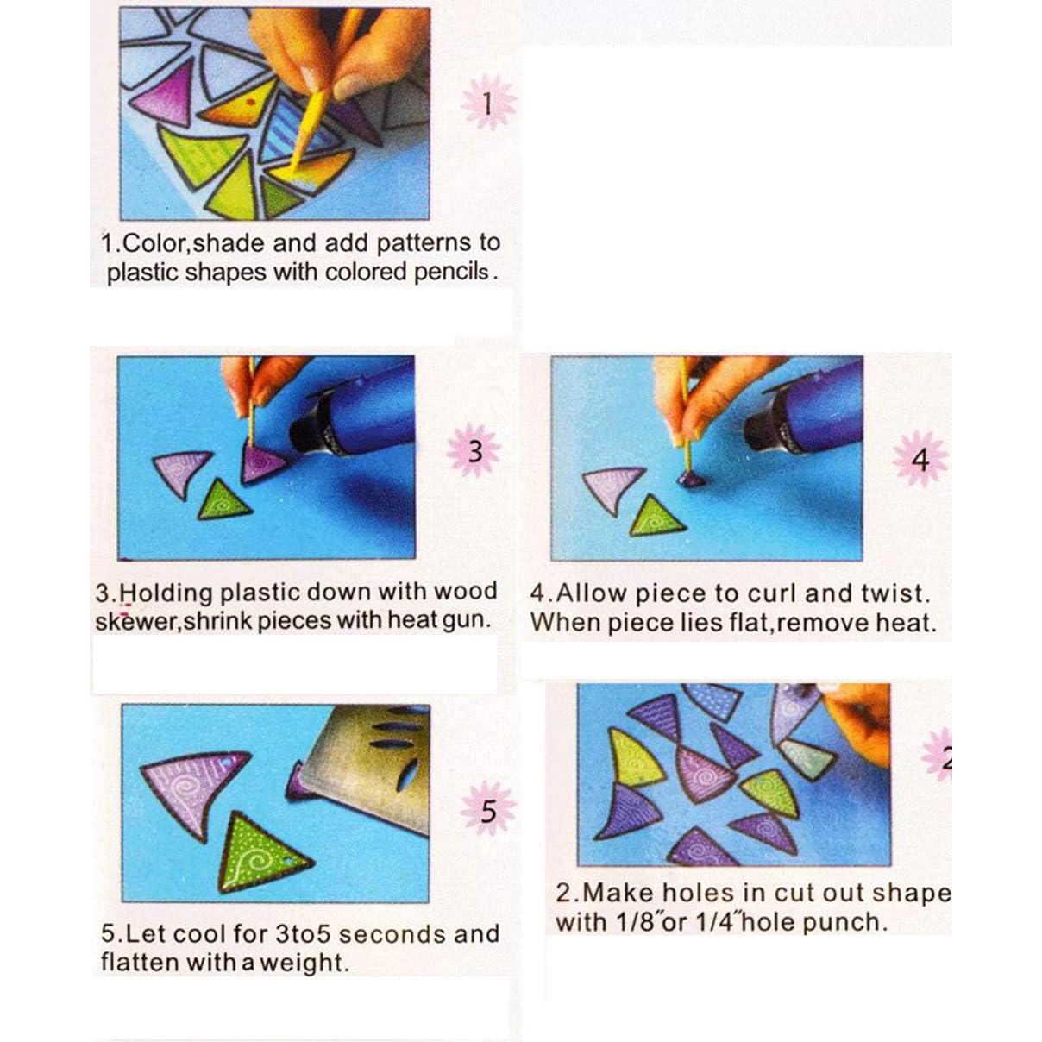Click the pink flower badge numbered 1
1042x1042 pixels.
[x=488, y=103]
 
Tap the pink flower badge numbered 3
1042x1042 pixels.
[x=474, y=451]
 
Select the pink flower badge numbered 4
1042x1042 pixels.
[x=920, y=459]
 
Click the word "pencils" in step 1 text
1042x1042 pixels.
[x=451, y=272]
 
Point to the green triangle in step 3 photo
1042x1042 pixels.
[x=222, y=500]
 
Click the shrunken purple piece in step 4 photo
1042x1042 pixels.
[x=690, y=478]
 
